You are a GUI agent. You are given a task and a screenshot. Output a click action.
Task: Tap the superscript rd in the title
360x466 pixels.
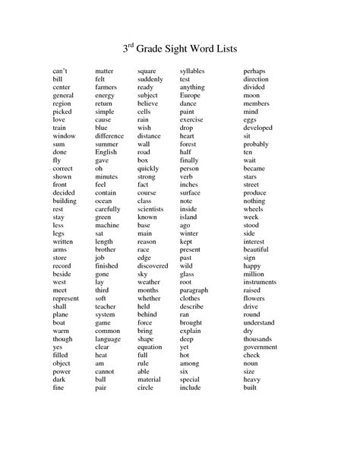tap(133, 45)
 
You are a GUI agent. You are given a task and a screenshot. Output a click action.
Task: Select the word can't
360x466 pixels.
tap(61, 71)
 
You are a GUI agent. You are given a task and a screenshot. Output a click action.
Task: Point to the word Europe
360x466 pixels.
tap(190, 96)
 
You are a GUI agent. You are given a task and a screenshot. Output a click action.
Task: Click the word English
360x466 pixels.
tap(106, 152)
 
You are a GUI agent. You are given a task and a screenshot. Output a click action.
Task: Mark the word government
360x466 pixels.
tap(261, 347)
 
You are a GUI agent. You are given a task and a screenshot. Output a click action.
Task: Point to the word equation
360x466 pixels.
tap(150, 347)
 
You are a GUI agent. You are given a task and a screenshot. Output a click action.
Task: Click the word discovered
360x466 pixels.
tap(153, 265)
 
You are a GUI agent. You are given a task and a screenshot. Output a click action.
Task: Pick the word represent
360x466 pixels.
tap(66, 298)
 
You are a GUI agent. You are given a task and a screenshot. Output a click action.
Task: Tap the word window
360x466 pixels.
tap(64, 136)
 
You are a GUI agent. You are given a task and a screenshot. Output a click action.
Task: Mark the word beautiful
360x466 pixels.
tap(257, 249)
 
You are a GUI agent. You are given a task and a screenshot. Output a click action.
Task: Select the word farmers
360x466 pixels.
tap(106, 87)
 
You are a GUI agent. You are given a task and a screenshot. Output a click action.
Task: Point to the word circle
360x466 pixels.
tap(145, 387)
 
